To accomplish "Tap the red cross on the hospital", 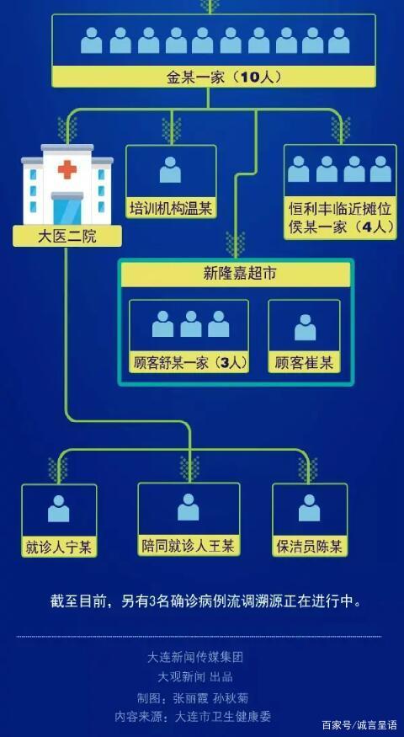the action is pyautogui.click(x=67, y=168).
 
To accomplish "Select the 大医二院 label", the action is pyautogui.click(x=66, y=236).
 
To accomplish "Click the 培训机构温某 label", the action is pyautogui.click(x=171, y=208).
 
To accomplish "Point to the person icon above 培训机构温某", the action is pyautogui.click(x=170, y=170).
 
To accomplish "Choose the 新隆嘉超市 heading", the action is pyautogui.click(x=236, y=275).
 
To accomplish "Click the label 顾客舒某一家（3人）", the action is pyautogui.click(x=189, y=363).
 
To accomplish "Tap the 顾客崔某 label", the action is pyautogui.click(x=304, y=364).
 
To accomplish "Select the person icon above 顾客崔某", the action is pyautogui.click(x=305, y=328).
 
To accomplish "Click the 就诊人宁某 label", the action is pyautogui.click(x=59, y=547).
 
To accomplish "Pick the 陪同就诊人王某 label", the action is pyautogui.click(x=188, y=546).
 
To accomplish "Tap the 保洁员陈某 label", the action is pyautogui.click(x=310, y=547).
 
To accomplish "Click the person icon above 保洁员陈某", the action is pyautogui.click(x=309, y=508).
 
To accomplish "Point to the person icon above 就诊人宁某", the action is pyautogui.click(x=59, y=509).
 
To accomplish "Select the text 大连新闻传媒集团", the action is pyautogui.click(x=196, y=657).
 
